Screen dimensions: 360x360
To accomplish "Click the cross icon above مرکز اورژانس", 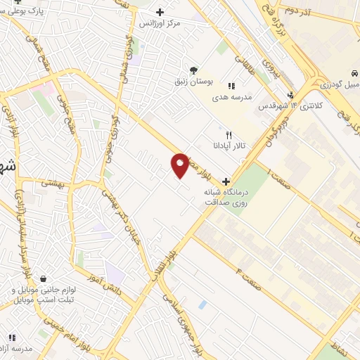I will click(x=160, y=12).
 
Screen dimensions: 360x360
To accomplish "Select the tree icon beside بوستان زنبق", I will click(x=193, y=69).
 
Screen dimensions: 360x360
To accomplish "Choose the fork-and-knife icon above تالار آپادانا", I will click(x=229, y=134).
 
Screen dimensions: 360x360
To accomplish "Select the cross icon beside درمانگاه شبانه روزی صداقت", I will click(x=225, y=181).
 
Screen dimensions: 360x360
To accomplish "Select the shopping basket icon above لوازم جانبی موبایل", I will click(x=44, y=278).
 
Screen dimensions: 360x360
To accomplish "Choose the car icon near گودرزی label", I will click(x=356, y=72).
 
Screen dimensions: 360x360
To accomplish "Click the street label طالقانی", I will click(x=247, y=66).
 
